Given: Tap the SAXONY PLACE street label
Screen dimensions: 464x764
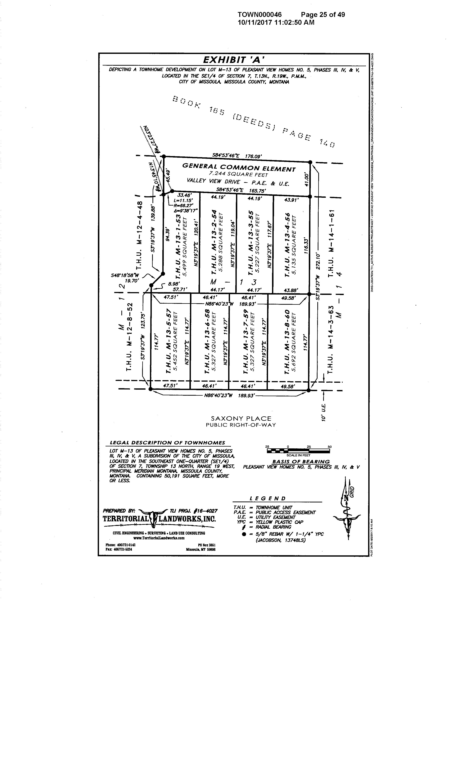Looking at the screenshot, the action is point(241,419).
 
